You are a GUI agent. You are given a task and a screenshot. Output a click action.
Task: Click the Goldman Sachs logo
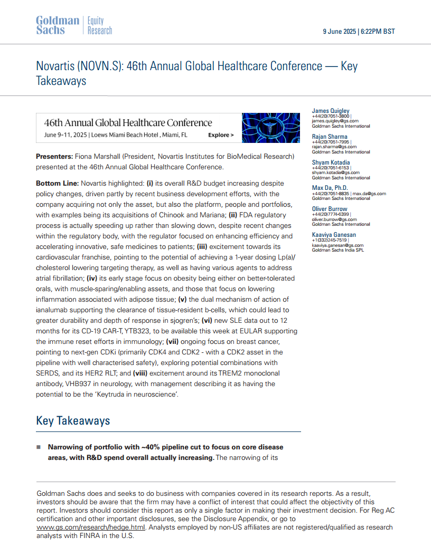point(57,25)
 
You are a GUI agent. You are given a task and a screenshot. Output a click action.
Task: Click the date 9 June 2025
point(340,32)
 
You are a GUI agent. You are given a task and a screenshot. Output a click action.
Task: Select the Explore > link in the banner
point(221,135)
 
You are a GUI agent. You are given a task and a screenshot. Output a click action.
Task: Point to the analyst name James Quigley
point(331,111)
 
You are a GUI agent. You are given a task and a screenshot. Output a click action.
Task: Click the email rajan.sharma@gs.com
point(334,147)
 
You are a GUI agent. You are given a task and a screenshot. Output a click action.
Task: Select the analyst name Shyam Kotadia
point(331,162)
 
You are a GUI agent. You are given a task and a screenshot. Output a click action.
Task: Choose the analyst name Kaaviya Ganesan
point(334,235)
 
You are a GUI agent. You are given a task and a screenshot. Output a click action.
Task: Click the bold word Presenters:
point(54,157)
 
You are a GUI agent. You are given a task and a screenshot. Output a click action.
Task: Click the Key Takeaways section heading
point(73,420)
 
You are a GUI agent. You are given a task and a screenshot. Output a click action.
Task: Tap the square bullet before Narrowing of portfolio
point(38,447)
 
